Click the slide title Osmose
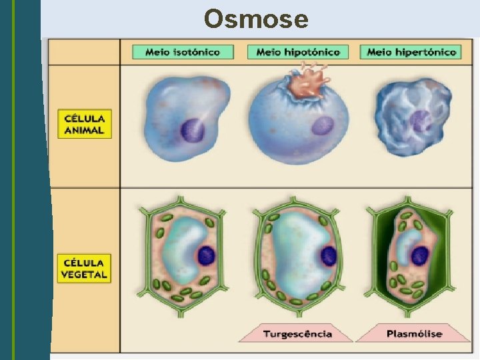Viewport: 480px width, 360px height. coord(256,19)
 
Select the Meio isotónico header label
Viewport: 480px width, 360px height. coord(183,52)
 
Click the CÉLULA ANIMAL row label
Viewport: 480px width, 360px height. coord(84,124)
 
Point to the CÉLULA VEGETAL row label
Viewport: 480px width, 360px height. coord(84,268)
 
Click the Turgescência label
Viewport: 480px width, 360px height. coord(297,333)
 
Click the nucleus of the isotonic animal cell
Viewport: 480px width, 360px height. coord(194,129)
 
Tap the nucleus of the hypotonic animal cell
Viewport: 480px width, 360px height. coord(323,125)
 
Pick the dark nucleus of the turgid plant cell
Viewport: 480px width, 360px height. coord(328,254)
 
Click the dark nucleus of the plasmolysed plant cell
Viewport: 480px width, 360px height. coord(420,254)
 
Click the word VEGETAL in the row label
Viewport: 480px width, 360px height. coord(85,275)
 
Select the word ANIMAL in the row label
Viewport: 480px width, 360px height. coord(85,131)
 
